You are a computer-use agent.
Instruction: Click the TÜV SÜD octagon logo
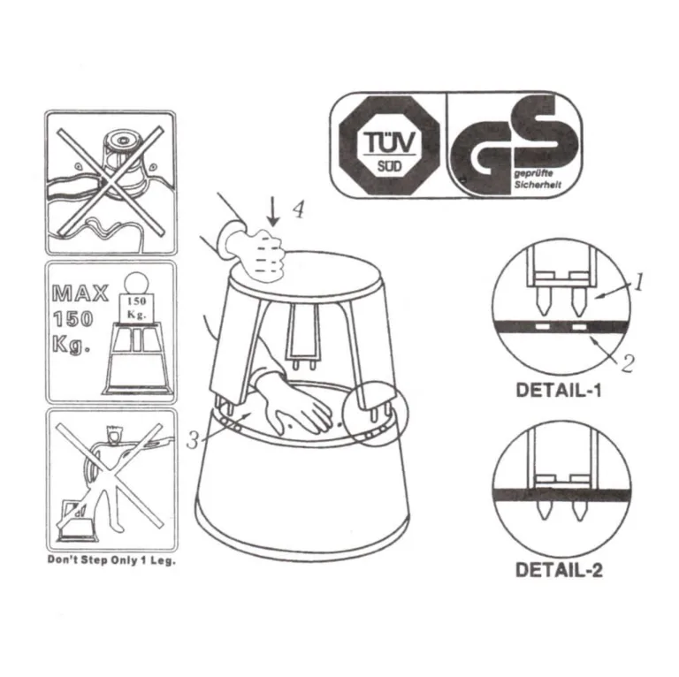click(x=389, y=146)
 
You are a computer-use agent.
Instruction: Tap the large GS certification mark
click(x=513, y=145)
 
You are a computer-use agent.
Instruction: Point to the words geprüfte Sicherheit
click(x=538, y=179)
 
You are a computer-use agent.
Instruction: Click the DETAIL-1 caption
click(x=559, y=391)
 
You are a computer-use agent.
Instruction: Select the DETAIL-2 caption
click(x=559, y=570)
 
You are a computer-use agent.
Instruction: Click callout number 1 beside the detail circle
click(x=638, y=282)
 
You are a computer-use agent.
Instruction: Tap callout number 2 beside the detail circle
click(x=628, y=363)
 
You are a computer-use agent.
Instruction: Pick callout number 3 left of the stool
click(x=193, y=440)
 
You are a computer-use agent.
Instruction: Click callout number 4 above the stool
click(x=298, y=210)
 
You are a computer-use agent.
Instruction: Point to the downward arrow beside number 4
click(x=273, y=211)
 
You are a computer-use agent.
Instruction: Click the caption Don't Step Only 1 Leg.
click(x=111, y=560)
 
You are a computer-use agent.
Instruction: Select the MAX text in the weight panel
click(x=80, y=294)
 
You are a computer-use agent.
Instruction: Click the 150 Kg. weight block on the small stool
click(x=136, y=308)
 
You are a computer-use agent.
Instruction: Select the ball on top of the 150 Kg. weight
click(x=136, y=283)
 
